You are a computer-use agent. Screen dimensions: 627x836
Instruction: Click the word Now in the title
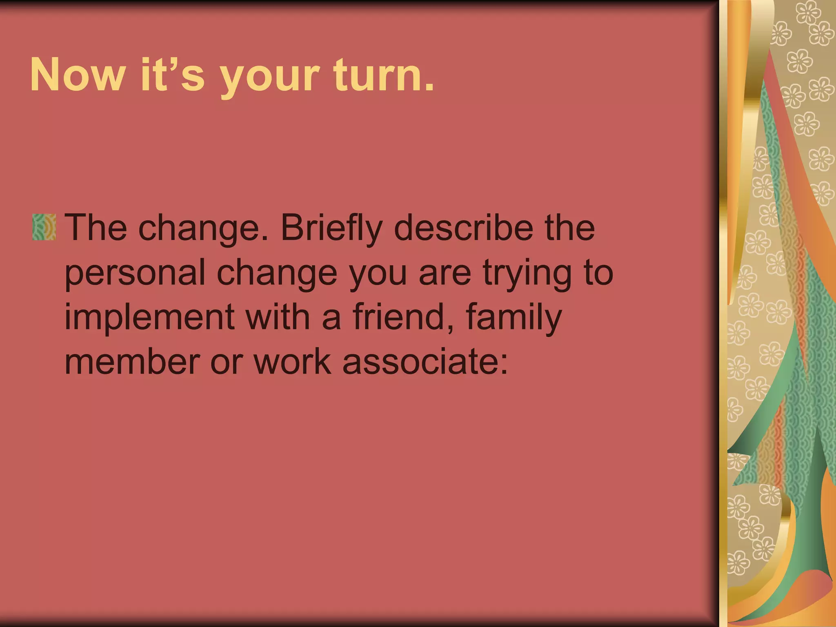(77, 75)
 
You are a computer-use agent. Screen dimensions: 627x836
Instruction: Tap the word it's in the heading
(172, 75)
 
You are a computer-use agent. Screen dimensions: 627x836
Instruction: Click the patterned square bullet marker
(44, 227)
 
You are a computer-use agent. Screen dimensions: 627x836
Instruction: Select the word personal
(135, 273)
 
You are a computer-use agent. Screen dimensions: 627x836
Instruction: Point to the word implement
(149, 318)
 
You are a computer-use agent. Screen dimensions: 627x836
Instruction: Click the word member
(132, 362)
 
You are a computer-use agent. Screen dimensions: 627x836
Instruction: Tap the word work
(292, 362)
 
